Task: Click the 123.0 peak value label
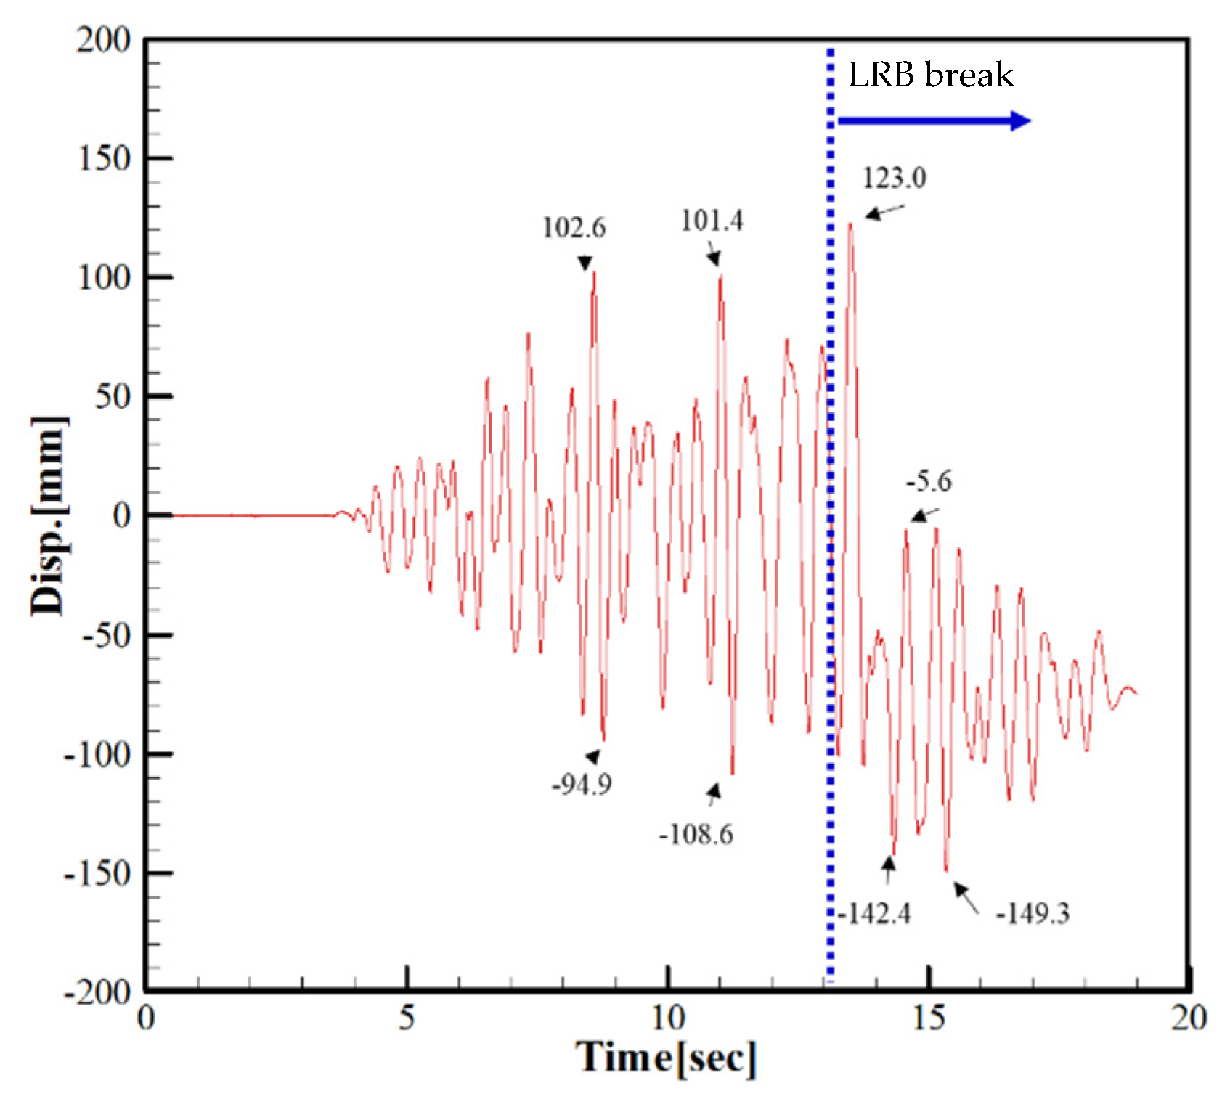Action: pyautogui.click(x=894, y=178)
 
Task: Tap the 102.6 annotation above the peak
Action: pyautogui.click(x=574, y=228)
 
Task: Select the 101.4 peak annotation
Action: pyautogui.click(x=712, y=221)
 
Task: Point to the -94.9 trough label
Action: pyautogui.click(x=582, y=784)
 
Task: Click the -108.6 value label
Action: pyautogui.click(x=696, y=834)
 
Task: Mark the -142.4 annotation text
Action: pyautogui.click(x=874, y=913)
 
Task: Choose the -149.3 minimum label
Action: pyautogui.click(x=1032, y=913)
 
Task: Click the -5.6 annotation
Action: pyautogui.click(x=929, y=481)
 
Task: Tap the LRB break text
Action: pyautogui.click(x=930, y=75)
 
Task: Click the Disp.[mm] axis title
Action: pyautogui.click(x=48, y=516)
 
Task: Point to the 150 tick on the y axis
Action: pyautogui.click(x=105, y=158)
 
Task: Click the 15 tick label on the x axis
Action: pyautogui.click(x=929, y=1018)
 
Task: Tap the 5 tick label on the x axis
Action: pyautogui.click(x=407, y=1018)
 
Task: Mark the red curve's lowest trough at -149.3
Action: pyautogui.click(x=946, y=870)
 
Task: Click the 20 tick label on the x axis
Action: pyautogui.click(x=1189, y=1018)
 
